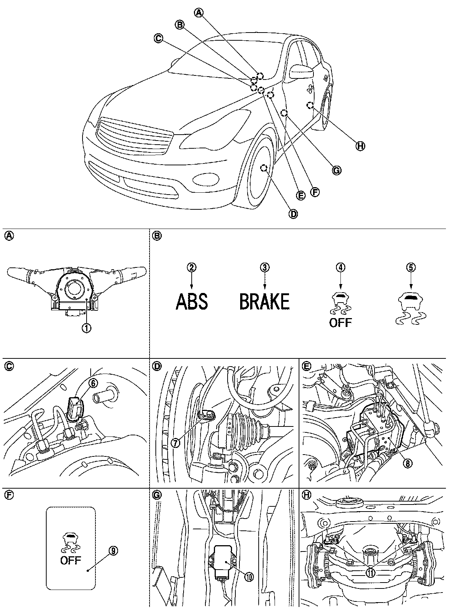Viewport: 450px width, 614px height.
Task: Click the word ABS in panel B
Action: pos(191,301)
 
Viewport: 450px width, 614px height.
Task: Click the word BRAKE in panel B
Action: pos(264,301)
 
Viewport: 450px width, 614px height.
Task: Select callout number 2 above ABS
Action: pos(191,267)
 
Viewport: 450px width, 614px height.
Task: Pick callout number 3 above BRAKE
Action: pos(264,267)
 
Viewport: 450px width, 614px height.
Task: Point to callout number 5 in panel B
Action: pos(412,267)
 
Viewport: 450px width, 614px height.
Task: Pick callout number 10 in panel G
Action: pos(249,577)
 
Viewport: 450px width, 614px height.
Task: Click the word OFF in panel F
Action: pos(70,560)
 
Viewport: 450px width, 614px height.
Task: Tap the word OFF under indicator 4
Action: pos(340,322)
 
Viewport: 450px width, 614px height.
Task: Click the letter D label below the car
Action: pos(293,213)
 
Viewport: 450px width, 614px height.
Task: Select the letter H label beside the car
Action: pos(359,146)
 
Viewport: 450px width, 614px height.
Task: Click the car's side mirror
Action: pos(301,71)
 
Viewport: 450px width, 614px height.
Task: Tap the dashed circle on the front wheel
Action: pos(264,168)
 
